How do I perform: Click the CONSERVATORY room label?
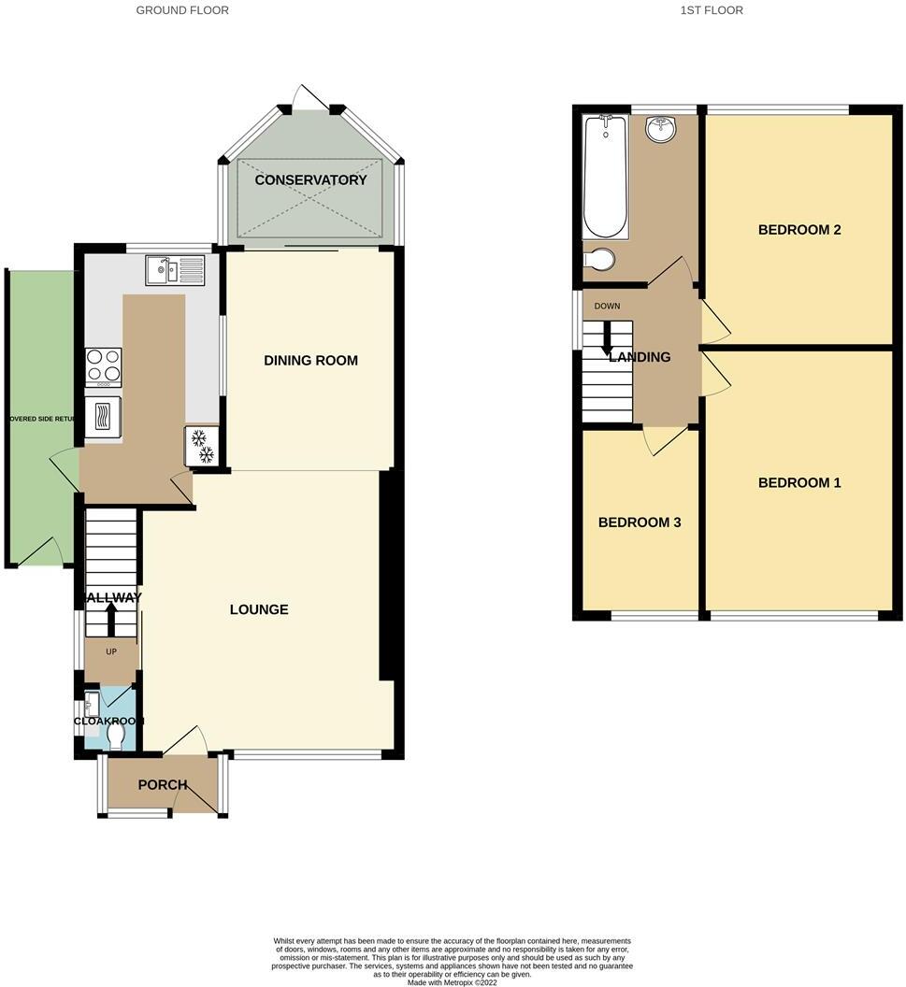(x=310, y=179)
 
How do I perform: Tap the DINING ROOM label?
(x=310, y=360)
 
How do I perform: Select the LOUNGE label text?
(x=259, y=609)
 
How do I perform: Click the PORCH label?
(x=162, y=784)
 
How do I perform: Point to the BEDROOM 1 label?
(x=799, y=482)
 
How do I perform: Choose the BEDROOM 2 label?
(x=799, y=229)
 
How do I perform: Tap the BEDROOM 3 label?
(x=640, y=522)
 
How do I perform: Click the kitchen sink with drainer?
(x=175, y=271)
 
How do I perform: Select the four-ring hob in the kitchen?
(x=103, y=366)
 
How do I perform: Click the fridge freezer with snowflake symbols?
(x=202, y=446)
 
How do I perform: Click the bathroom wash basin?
(x=661, y=129)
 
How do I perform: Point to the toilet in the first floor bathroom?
(x=598, y=258)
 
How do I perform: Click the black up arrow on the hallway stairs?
(x=110, y=618)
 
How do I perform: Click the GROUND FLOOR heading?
(x=182, y=10)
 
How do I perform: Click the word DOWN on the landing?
(x=607, y=306)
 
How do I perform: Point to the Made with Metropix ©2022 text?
(x=453, y=981)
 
